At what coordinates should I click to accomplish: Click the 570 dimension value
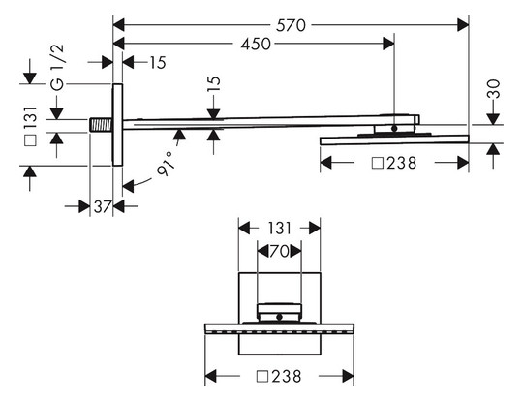click(x=291, y=26)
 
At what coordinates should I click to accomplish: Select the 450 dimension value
click(x=256, y=44)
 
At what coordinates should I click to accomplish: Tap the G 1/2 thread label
click(x=58, y=68)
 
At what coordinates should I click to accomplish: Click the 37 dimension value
click(x=102, y=207)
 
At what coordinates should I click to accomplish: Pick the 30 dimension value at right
click(x=494, y=89)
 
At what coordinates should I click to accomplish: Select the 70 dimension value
click(x=279, y=252)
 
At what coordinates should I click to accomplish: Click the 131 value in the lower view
click(x=280, y=229)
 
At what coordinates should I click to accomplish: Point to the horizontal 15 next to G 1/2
click(x=158, y=63)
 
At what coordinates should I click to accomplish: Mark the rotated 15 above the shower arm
click(x=214, y=84)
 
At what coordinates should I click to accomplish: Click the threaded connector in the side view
click(x=101, y=125)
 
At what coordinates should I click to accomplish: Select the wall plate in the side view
click(x=117, y=125)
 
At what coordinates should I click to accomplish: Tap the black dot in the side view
click(x=394, y=128)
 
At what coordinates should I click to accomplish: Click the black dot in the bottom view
click(x=280, y=317)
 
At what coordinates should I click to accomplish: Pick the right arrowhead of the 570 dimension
click(x=463, y=25)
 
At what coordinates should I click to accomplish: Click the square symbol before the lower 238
click(x=262, y=377)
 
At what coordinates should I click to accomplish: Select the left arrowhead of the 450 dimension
click(x=119, y=44)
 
